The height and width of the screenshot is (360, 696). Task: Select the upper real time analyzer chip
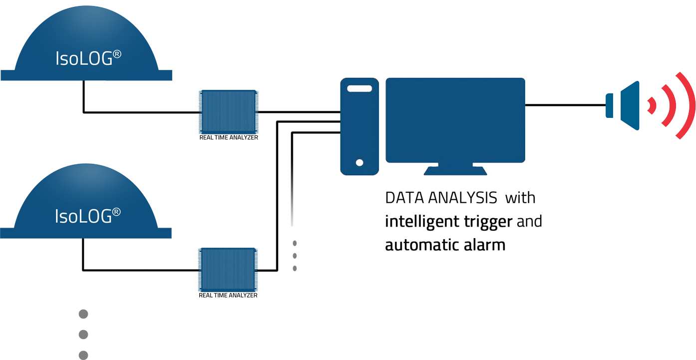(228, 111)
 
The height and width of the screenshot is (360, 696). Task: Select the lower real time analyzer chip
(228, 269)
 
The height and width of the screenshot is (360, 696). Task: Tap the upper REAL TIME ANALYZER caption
(229, 137)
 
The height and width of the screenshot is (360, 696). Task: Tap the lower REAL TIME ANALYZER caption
(228, 295)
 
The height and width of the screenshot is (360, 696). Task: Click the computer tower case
(359, 126)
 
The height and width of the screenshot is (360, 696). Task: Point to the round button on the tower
(359, 162)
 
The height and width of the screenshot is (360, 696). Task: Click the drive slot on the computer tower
(359, 88)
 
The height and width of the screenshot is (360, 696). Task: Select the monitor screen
(455, 120)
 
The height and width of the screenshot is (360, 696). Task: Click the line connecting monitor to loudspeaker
(564, 105)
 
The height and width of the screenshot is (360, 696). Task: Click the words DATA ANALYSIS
(441, 198)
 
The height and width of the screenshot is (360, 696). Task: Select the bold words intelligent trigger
(448, 221)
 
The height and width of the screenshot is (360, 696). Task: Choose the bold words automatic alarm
(445, 245)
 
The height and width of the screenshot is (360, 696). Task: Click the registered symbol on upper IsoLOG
(117, 53)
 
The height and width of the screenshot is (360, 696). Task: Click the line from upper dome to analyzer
(140, 112)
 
